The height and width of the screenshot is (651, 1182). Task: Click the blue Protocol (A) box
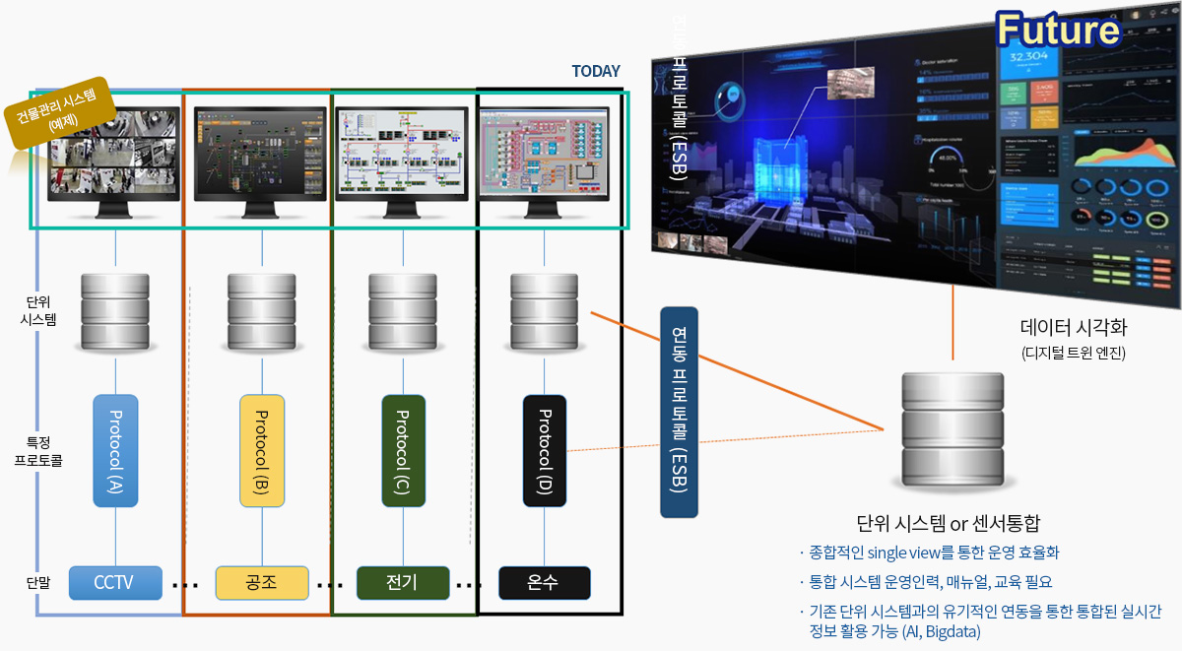coord(116,451)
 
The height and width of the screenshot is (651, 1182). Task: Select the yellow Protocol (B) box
coord(262,451)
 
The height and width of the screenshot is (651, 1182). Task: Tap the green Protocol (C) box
coord(403,451)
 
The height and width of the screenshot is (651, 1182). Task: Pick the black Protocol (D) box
coord(545,451)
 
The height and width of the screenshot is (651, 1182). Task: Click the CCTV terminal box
coord(115,583)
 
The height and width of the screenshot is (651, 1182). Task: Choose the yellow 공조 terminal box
coord(262,583)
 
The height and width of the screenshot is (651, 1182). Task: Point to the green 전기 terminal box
coord(403,583)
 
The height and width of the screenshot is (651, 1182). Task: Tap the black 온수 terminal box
coord(544,583)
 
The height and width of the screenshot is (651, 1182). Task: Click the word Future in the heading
coord(1056,31)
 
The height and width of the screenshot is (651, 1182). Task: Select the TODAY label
coord(596,72)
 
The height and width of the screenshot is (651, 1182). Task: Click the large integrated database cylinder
coord(951,430)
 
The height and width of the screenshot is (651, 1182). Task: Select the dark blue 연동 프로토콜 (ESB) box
coord(679,412)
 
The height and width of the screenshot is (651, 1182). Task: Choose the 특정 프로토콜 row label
coord(38,451)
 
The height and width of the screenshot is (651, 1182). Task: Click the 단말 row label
coord(38,583)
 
